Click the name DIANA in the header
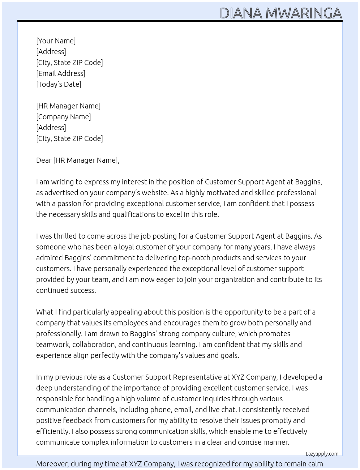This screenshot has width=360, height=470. (x=241, y=13)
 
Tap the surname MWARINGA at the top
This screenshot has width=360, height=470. (x=304, y=13)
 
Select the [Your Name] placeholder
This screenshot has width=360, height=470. (x=56, y=41)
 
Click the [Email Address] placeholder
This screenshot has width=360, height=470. (x=61, y=73)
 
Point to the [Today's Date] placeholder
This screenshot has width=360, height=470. (x=59, y=84)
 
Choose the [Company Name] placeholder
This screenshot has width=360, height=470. (x=64, y=117)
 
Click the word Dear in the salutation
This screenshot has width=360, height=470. (x=44, y=160)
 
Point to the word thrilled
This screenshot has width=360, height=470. (x=65, y=236)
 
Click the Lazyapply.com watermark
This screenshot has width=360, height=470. (x=322, y=454)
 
